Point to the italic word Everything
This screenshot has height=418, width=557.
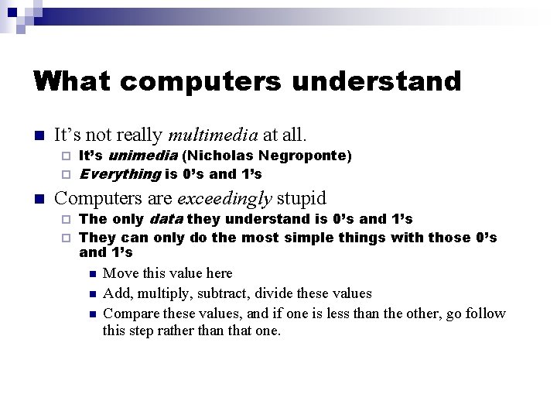(x=120, y=174)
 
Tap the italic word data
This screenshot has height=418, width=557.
(x=166, y=220)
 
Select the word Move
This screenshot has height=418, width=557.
(x=119, y=273)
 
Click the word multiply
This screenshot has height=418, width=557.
(x=161, y=293)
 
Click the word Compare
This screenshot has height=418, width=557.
(x=128, y=313)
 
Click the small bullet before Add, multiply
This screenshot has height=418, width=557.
(x=91, y=294)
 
